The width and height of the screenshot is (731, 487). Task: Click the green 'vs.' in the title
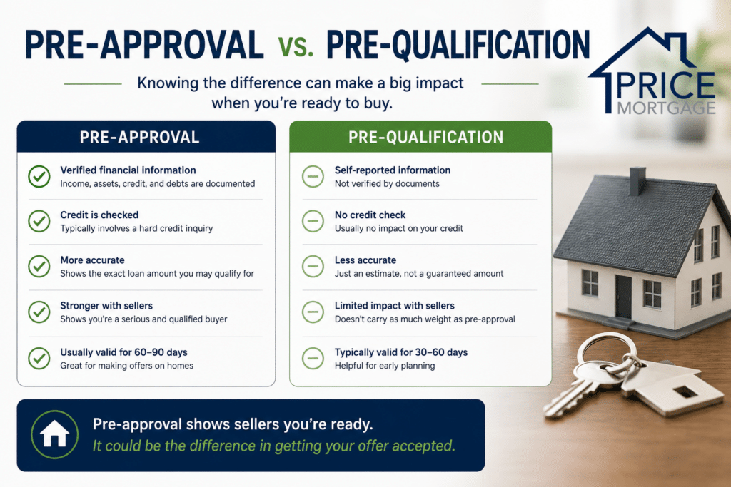point(296,46)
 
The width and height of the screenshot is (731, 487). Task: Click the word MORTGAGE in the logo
point(666,108)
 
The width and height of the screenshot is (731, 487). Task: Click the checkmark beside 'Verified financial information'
point(39,176)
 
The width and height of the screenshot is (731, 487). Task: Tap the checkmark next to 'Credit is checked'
point(39,221)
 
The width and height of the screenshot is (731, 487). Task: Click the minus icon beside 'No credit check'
point(313,221)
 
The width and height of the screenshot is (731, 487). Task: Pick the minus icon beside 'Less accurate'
point(313,266)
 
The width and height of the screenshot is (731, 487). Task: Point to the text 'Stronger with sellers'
point(106,305)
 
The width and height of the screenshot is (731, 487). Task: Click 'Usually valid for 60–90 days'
point(123,352)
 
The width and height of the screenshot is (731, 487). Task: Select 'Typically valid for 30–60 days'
point(401,352)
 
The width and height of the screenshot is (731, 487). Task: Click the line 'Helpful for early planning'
point(385,366)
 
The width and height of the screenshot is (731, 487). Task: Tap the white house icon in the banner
point(54,434)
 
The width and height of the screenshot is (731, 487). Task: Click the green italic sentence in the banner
point(273,446)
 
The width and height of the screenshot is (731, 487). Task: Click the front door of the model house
point(623,297)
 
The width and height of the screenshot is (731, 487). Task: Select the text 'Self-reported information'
point(393,170)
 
